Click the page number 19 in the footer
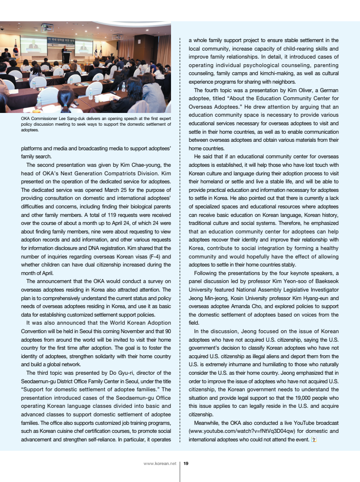click(186, 464)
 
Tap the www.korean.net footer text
click(160, 464)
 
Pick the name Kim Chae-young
click(140, 164)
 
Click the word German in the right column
click(328, 90)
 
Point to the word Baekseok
click(326, 283)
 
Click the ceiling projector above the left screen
click(47, 28)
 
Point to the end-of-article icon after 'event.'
click(313, 439)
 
